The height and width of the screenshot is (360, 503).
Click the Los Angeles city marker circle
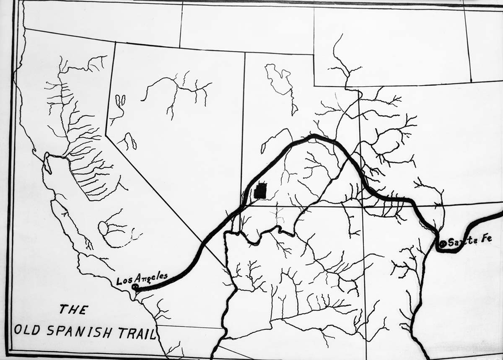(135, 287)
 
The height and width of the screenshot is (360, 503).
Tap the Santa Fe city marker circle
(443, 243)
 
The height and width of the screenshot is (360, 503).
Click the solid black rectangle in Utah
(260, 191)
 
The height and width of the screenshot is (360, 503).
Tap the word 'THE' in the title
(73, 310)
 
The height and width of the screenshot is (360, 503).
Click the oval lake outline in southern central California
(103, 228)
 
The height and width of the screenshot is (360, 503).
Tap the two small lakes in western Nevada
(120, 101)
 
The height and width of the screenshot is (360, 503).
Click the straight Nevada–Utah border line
(243, 126)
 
